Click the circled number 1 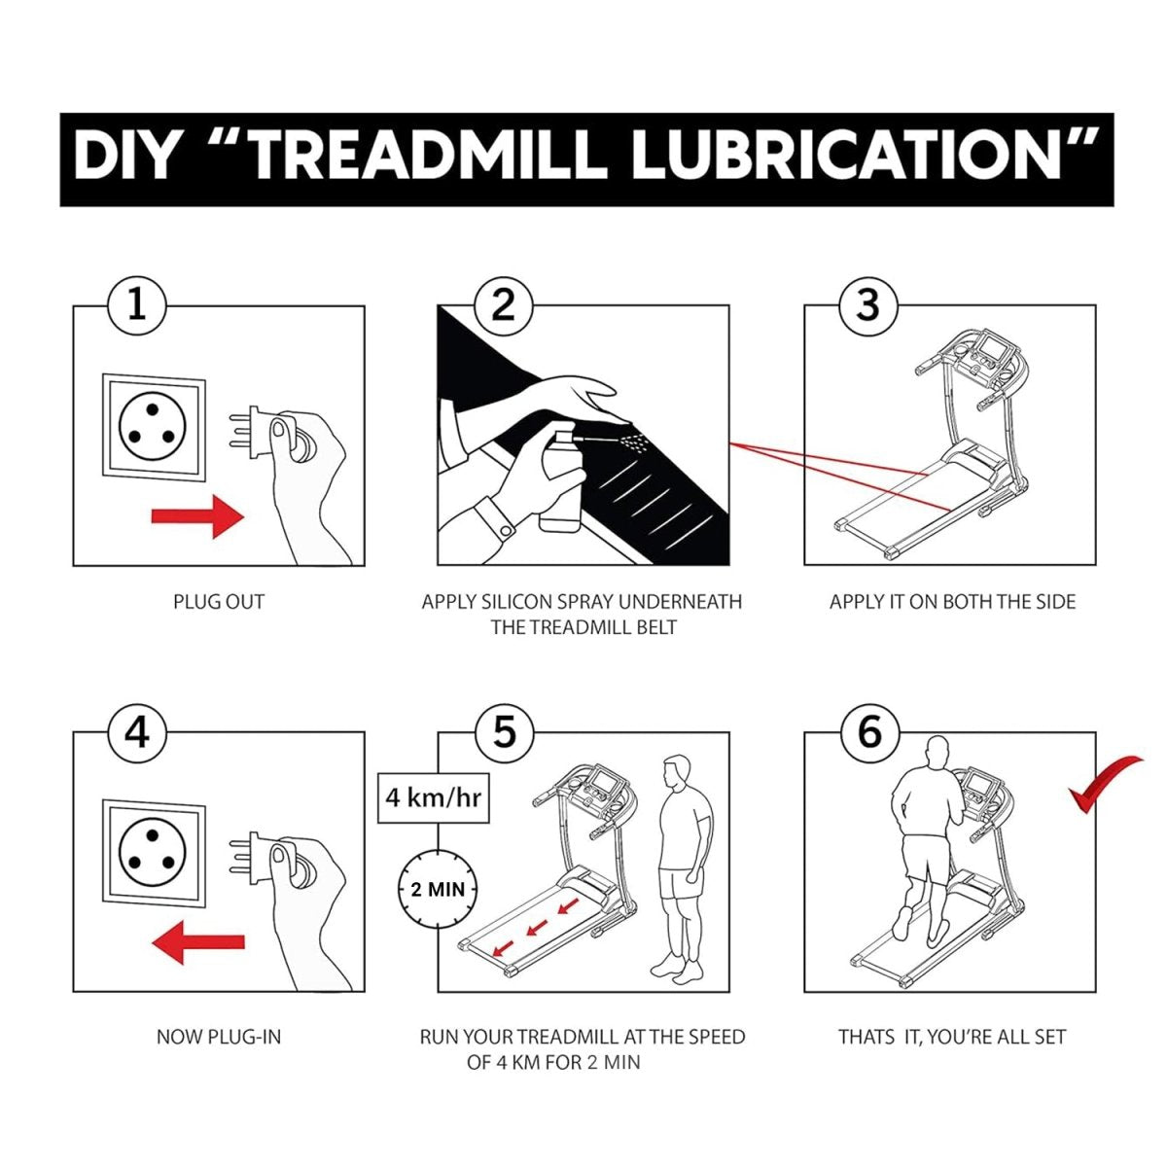(x=137, y=305)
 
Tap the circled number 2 (x=503, y=305)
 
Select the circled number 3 (x=867, y=305)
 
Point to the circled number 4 (x=137, y=732)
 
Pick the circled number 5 (x=503, y=732)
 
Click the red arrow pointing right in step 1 (x=197, y=516)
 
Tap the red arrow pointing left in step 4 (x=197, y=942)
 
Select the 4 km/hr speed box (x=433, y=797)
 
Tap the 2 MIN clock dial (x=438, y=889)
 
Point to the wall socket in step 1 (x=154, y=428)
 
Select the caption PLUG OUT (x=219, y=602)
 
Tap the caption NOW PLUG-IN (x=219, y=1037)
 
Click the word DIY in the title (x=125, y=159)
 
